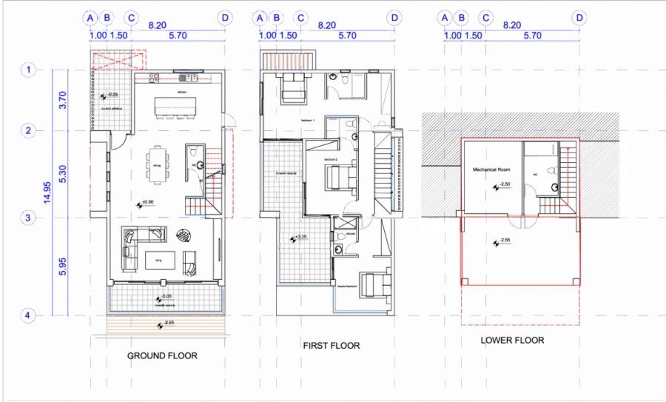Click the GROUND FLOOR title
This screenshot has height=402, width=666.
click(162, 356)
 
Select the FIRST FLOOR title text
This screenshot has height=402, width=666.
click(332, 346)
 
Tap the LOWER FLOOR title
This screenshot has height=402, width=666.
click(511, 341)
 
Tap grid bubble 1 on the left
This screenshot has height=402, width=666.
click(27, 70)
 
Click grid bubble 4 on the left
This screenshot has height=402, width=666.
click(27, 316)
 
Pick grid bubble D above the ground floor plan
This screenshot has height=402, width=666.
click(225, 17)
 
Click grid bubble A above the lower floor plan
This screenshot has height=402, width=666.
click(445, 17)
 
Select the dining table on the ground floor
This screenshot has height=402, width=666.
click(156, 164)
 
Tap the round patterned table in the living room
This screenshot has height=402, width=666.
click(181, 237)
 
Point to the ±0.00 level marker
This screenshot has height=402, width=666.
click(146, 202)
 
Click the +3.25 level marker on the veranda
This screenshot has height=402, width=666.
click(300, 238)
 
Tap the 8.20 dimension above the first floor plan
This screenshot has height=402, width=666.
click(326, 25)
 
